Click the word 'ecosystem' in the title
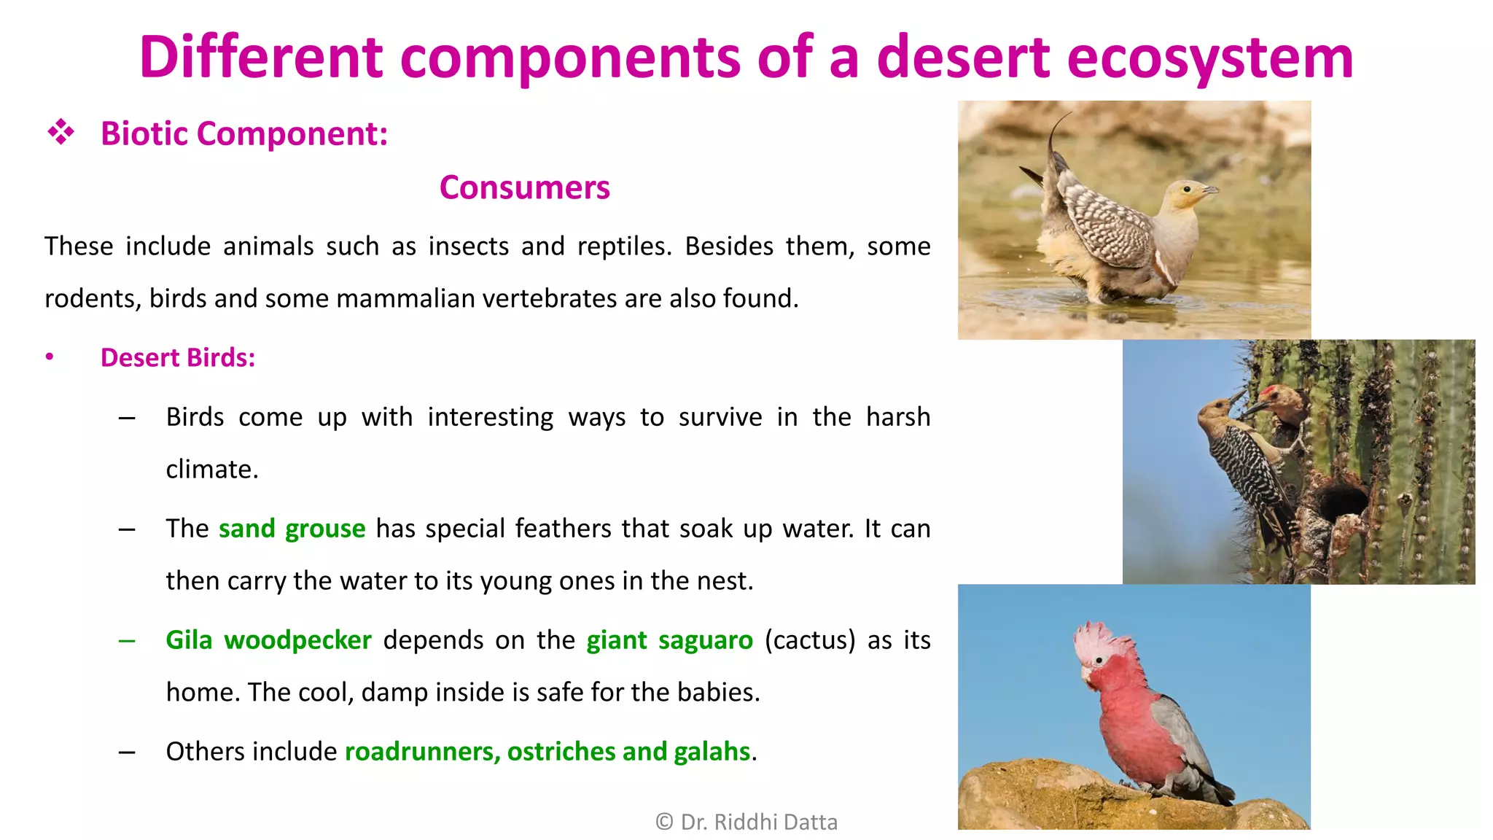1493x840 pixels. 1210,58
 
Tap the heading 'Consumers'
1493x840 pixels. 524,188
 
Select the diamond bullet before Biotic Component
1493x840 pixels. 61,133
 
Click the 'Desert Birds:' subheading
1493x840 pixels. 178,358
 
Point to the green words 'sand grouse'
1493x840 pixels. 292,529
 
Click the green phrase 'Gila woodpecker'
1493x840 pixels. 268,640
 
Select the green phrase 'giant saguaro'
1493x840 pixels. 669,640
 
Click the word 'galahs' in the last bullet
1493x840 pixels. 712,752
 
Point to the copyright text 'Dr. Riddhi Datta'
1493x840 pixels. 758,822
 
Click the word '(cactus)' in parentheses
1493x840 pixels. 810,640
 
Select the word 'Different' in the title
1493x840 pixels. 261,58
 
